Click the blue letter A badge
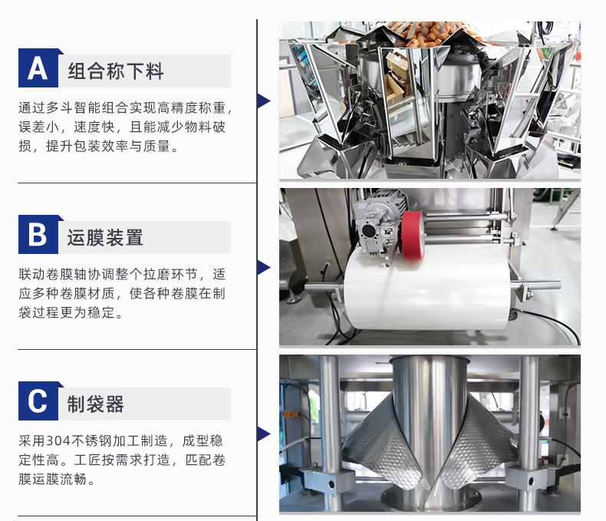[x=38, y=68]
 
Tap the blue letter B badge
[x=38, y=235]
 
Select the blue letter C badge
[x=38, y=401]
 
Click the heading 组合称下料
[x=116, y=71]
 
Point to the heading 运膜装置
[x=105, y=237]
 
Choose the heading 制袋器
[x=95, y=404]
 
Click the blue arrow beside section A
[x=264, y=101]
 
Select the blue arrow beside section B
[x=264, y=268]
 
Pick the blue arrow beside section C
[x=264, y=434]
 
